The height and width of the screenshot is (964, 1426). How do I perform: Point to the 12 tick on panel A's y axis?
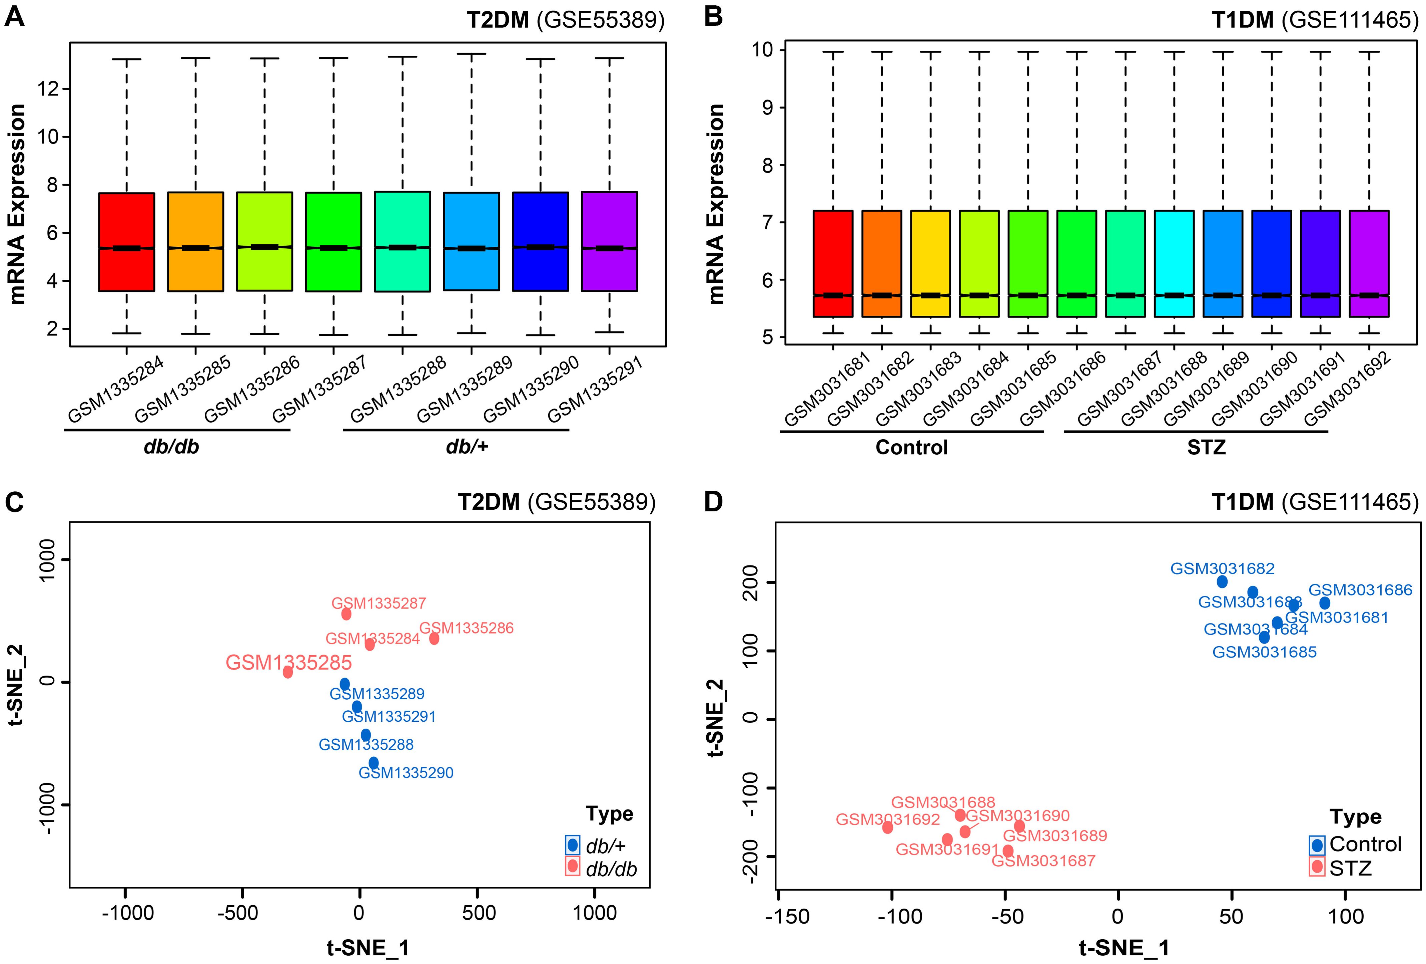[x=48, y=89]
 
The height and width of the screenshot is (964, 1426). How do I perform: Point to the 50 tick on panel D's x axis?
[x=1231, y=917]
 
